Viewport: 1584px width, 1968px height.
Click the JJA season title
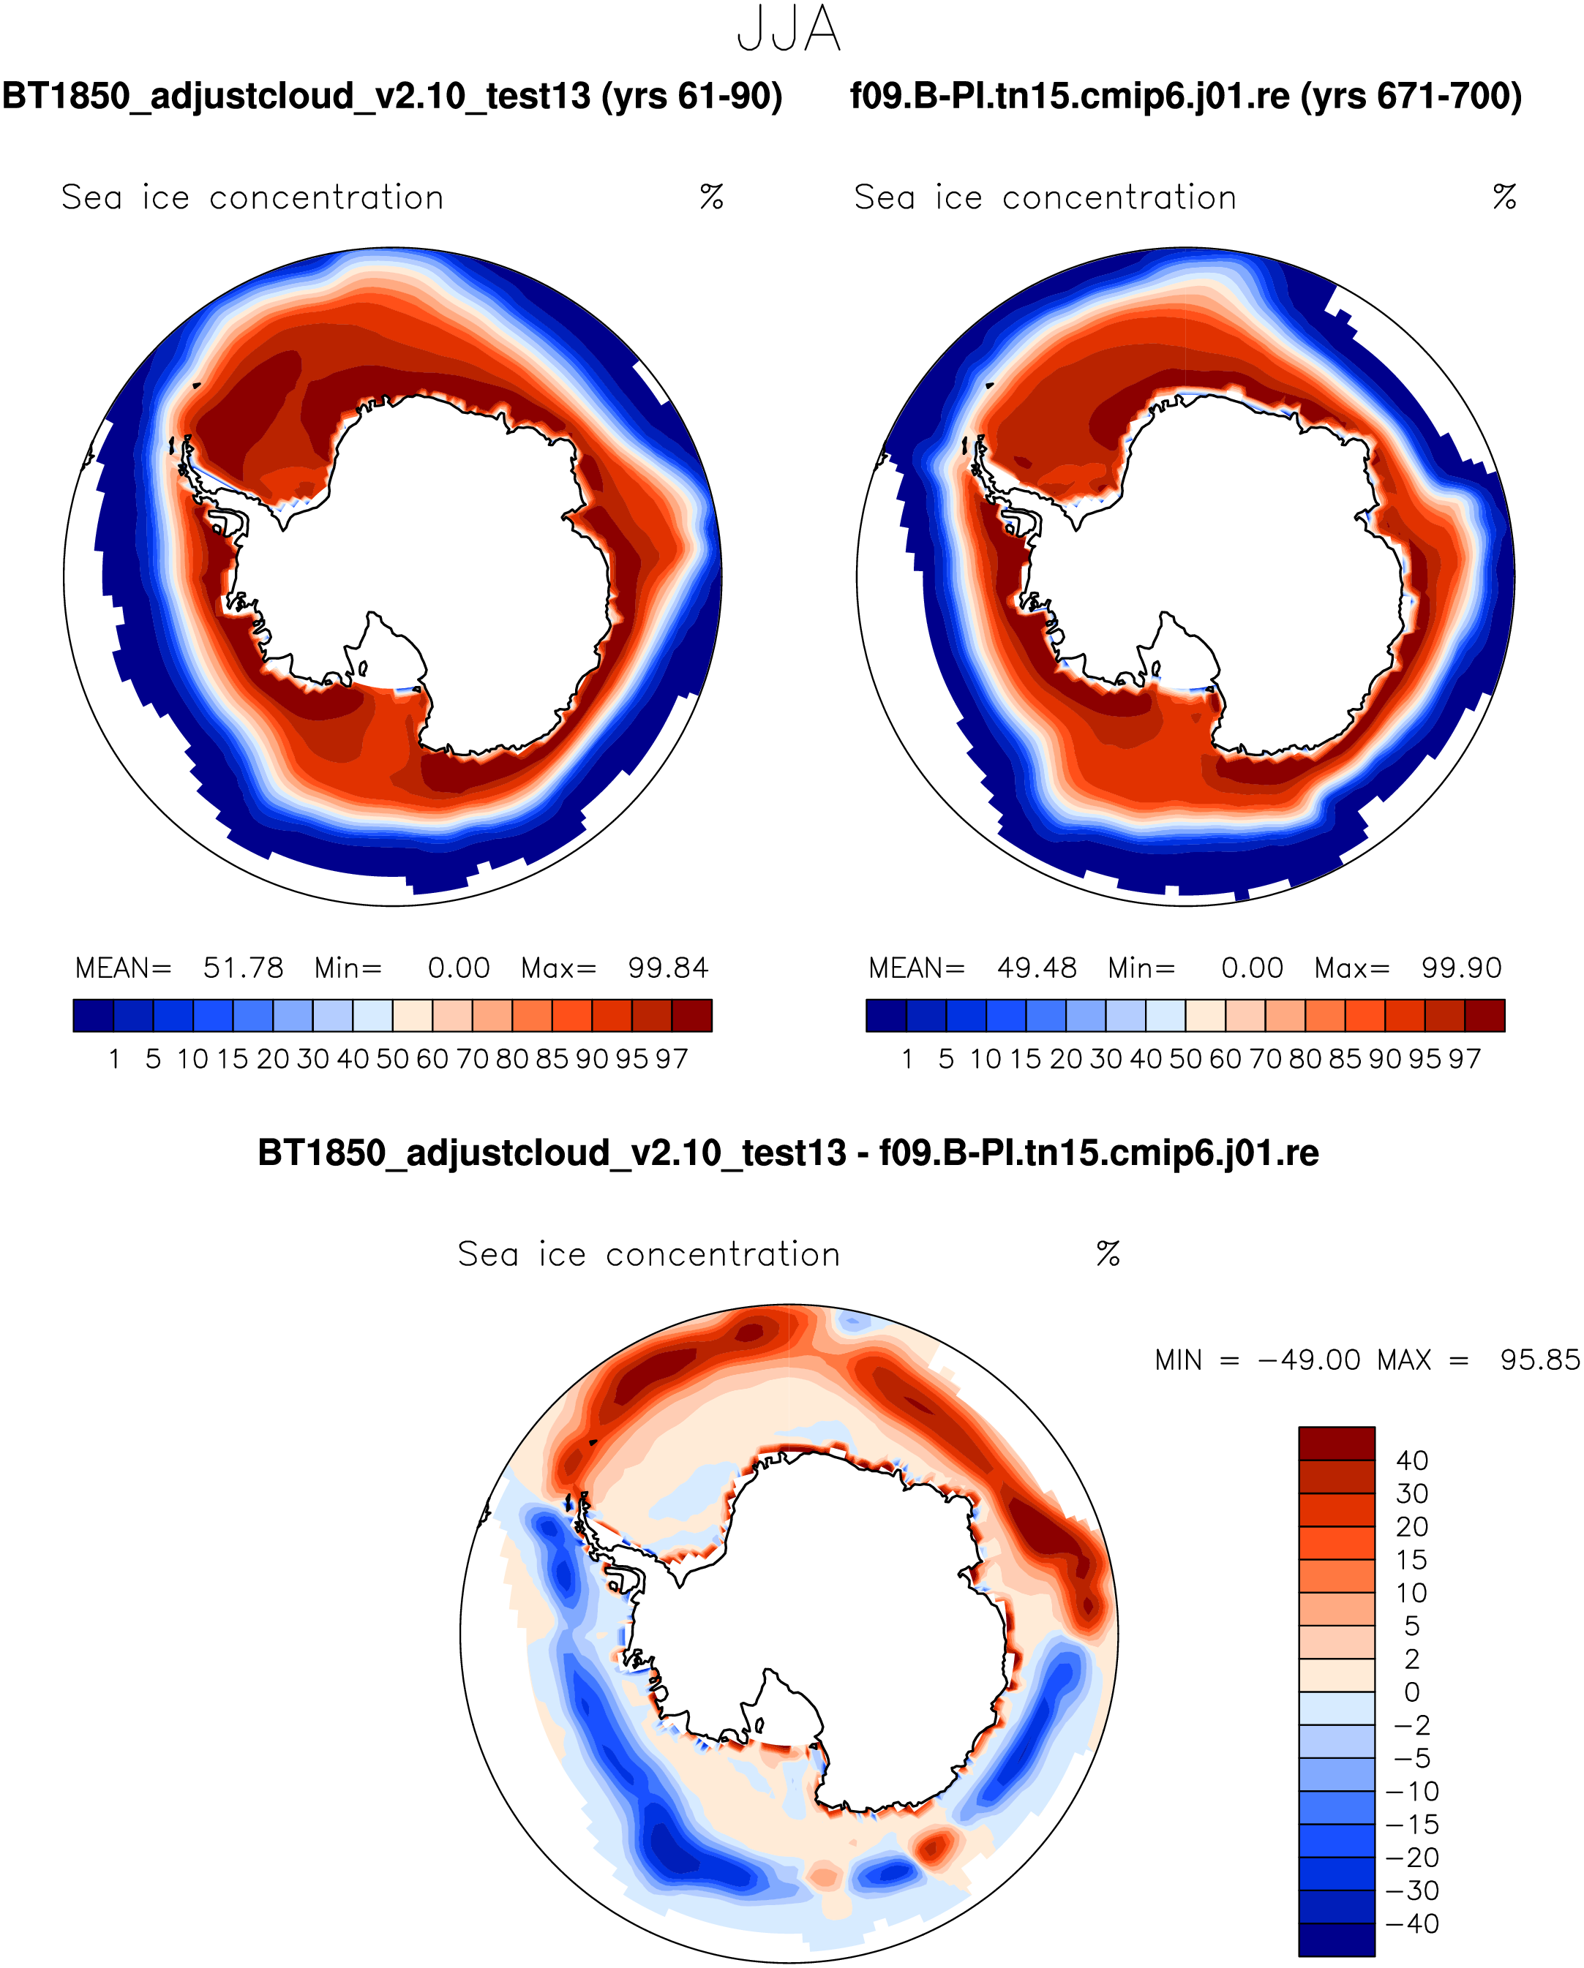(x=789, y=29)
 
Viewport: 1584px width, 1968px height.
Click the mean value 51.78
(x=243, y=968)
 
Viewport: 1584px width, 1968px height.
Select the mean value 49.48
(x=1036, y=968)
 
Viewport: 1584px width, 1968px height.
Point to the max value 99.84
(x=667, y=968)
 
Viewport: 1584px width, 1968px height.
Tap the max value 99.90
(x=1461, y=968)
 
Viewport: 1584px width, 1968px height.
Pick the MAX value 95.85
(x=1539, y=1360)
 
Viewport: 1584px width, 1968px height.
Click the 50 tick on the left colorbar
(x=393, y=1059)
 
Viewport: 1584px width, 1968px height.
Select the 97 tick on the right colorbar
(x=1465, y=1059)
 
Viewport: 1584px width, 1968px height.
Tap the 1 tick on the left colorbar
(x=114, y=1059)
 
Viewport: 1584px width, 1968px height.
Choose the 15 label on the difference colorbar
(x=1411, y=1560)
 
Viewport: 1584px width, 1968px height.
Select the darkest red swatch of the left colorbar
(x=691, y=1015)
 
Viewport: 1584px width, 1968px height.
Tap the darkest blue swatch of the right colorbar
(x=885, y=1015)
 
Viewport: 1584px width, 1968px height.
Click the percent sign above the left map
(x=712, y=197)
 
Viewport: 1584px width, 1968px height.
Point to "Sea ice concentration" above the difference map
(x=648, y=1254)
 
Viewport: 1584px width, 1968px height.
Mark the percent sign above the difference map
(x=1108, y=1254)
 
